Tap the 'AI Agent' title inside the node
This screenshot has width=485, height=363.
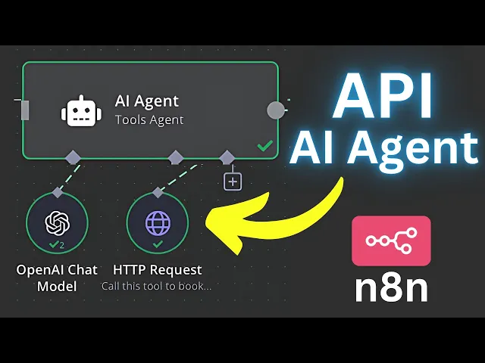click(147, 101)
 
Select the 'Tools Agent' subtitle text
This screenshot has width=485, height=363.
click(149, 119)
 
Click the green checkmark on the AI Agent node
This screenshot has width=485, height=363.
click(264, 146)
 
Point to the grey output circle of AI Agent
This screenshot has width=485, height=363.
click(277, 110)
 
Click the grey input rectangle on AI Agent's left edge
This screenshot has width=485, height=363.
click(25, 110)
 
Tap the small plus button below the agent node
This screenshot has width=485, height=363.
click(233, 181)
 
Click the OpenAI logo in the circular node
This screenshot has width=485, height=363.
click(57, 222)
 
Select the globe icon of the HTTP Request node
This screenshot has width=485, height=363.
click(158, 222)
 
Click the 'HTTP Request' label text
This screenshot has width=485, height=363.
click(158, 270)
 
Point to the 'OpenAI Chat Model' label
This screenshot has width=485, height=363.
click(57, 277)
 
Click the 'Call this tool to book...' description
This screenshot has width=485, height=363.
click(157, 287)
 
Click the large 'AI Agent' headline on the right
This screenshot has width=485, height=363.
click(384, 148)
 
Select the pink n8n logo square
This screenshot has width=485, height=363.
click(391, 240)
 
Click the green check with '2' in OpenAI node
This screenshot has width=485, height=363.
click(56, 244)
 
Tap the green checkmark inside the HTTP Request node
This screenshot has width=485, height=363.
click(158, 244)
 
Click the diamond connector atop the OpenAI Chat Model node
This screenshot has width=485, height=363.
click(57, 194)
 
